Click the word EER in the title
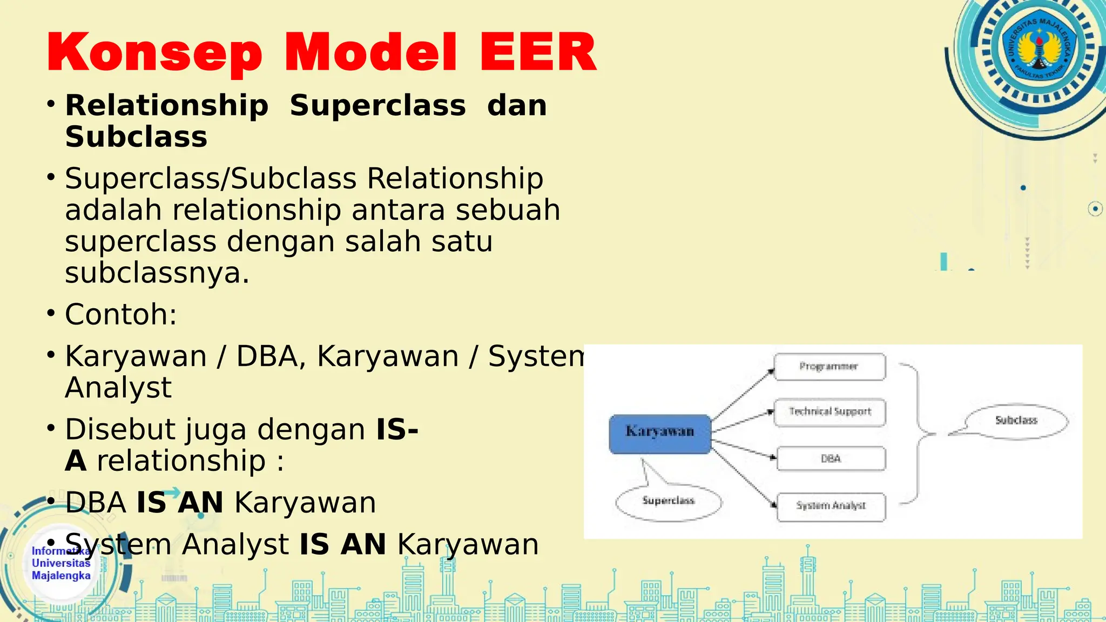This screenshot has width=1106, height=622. tap(538, 52)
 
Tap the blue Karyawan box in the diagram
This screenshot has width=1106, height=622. tap(660, 434)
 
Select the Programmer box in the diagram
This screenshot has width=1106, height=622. tap(829, 367)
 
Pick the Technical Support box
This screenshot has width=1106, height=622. tap(830, 412)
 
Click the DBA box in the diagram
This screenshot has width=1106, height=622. tap(831, 458)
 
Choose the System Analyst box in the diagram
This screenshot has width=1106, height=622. tap(831, 506)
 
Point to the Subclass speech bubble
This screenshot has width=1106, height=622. tap(1016, 421)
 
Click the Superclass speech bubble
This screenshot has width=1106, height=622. tap(669, 501)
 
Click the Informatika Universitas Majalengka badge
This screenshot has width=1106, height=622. tap(61, 563)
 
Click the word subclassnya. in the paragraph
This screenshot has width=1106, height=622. tap(157, 273)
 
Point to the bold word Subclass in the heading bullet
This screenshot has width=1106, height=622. tap(136, 137)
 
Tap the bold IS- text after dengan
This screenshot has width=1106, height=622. tap(397, 429)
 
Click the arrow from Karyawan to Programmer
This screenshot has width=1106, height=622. tap(743, 394)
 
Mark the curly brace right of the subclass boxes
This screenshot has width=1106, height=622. tap(918, 434)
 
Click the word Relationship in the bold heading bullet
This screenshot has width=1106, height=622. tap(167, 105)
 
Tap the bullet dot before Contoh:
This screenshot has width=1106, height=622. tap(51, 313)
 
